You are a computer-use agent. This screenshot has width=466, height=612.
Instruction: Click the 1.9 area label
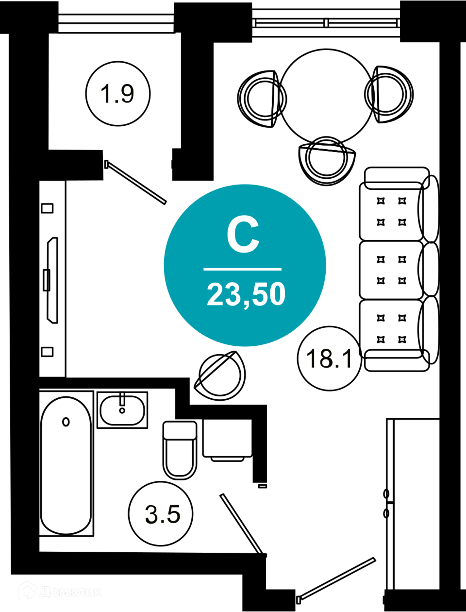[x=117, y=94]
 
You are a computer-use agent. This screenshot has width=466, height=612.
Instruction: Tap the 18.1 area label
[x=329, y=359]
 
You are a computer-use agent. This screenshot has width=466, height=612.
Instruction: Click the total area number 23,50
[x=246, y=294]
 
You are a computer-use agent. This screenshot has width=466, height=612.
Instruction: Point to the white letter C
[x=243, y=234]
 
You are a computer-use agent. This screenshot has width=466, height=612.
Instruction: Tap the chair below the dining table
[x=327, y=161]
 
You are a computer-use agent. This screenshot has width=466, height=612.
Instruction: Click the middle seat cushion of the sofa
[x=391, y=270]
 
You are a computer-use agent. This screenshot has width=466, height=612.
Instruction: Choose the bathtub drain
[x=66, y=422]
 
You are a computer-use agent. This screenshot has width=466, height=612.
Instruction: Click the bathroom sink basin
[x=122, y=411]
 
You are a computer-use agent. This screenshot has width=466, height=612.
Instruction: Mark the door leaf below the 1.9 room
[x=136, y=182]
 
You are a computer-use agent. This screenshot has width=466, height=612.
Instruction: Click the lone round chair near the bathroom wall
[x=220, y=375]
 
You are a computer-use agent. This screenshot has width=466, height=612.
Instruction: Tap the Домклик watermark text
[x=71, y=592]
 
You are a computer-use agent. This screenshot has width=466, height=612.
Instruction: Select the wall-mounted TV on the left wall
[x=52, y=280]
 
